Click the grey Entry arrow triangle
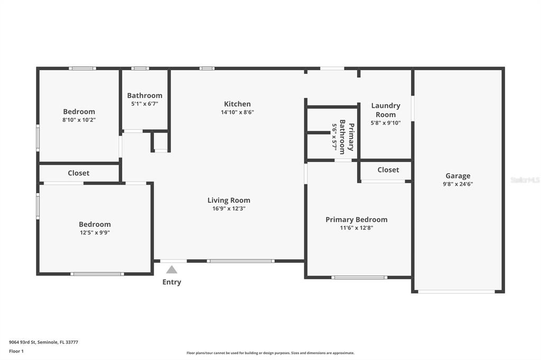pos(172,270)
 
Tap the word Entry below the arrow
pos(172,282)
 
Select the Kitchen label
pos(237,104)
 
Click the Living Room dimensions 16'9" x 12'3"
pos(229,209)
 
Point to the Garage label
pos(458,176)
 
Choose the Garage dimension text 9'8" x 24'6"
pos(458,184)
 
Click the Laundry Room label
pos(386,110)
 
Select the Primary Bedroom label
pos(357,220)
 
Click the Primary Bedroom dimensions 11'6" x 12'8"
pos(357,228)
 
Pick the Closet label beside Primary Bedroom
pos(388,169)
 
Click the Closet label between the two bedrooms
pos(79,173)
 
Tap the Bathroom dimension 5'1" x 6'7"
pos(145,104)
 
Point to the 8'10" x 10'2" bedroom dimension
pos(79,120)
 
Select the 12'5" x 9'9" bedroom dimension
pos(95,233)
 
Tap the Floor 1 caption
pos(16,352)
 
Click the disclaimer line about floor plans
pos(270,353)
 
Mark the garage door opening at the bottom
pos(456,292)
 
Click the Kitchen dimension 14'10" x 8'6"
pos(237,112)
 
